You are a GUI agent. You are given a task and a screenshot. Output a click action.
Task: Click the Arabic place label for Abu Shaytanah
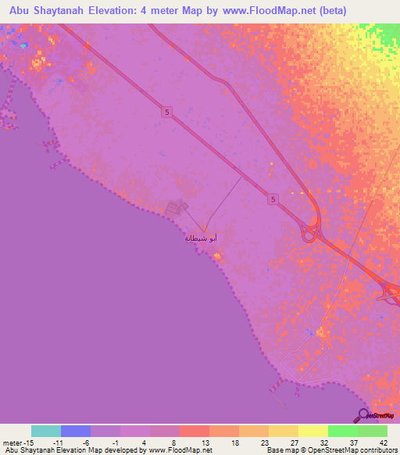point(199,237)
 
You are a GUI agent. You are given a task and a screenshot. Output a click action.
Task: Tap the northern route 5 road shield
point(166,113)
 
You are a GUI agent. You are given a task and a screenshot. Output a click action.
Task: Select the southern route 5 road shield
point(271,199)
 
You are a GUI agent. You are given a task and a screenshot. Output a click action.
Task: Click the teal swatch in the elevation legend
point(46,431)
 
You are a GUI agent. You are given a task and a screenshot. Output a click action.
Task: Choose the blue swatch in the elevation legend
point(76,431)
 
